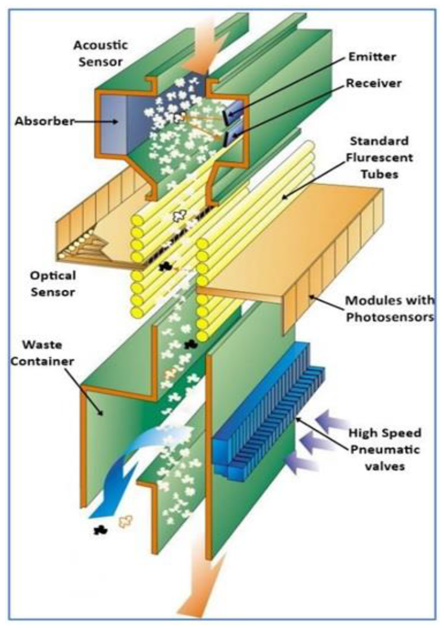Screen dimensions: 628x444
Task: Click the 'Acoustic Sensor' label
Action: click(100, 54)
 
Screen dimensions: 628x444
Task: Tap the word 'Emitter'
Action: click(372, 57)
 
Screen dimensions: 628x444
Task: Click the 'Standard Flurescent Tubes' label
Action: click(380, 158)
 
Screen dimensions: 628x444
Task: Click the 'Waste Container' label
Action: click(42, 353)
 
